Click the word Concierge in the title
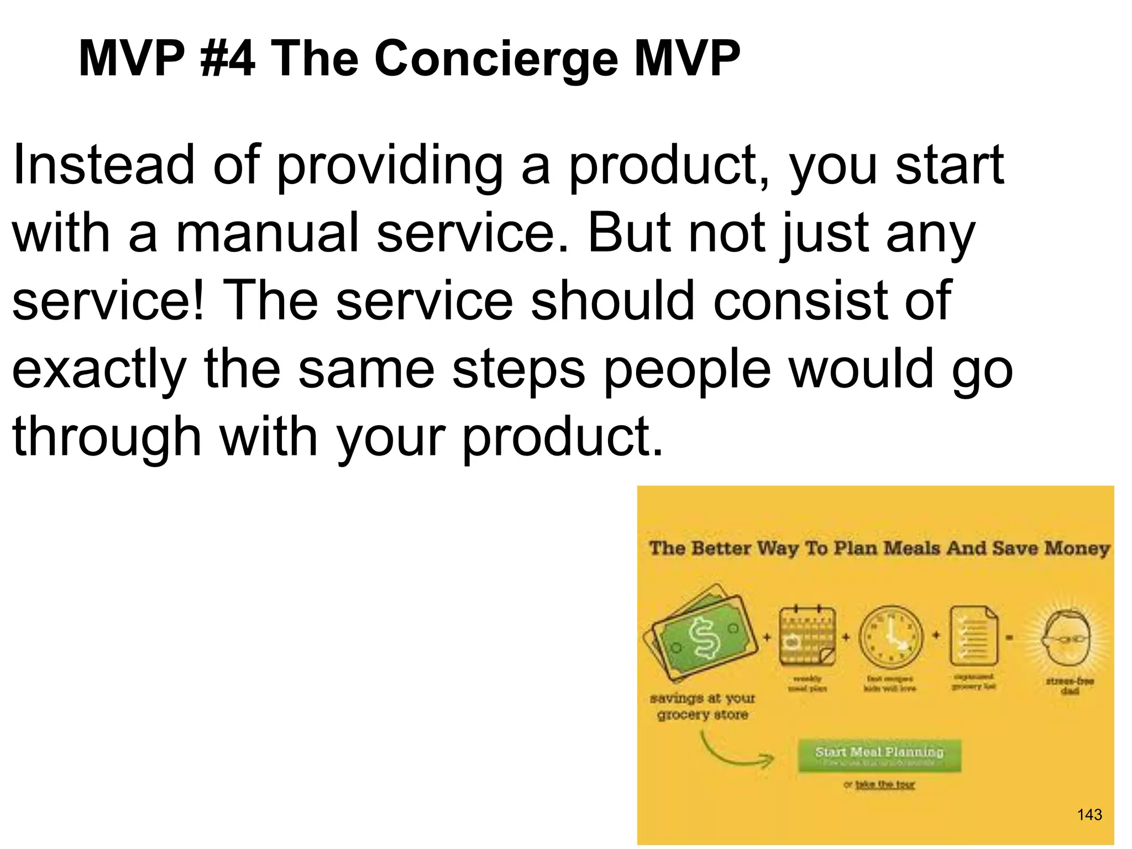(x=496, y=59)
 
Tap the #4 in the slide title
(x=228, y=59)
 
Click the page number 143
(x=1089, y=814)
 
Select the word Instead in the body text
(x=103, y=165)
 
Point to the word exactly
(x=99, y=369)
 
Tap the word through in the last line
(x=107, y=437)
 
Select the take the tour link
(x=885, y=784)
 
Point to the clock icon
(x=891, y=637)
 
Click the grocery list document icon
(x=973, y=636)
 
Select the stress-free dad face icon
(x=1067, y=638)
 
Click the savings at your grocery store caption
(x=702, y=706)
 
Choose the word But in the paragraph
(x=628, y=233)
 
